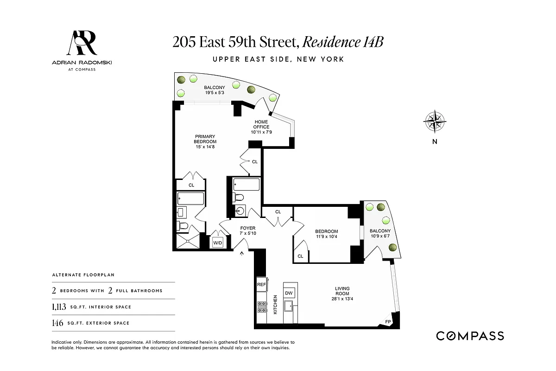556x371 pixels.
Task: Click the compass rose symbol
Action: (435, 122)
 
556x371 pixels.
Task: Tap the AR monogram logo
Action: (82, 44)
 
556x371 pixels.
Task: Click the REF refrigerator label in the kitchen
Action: (261, 284)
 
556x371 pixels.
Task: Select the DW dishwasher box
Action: (289, 293)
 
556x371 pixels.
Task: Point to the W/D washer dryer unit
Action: (217, 243)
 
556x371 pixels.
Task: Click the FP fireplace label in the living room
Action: (388, 321)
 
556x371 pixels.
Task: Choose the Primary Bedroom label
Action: (205, 139)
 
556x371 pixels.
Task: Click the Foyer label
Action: (248, 228)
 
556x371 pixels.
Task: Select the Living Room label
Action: (342, 291)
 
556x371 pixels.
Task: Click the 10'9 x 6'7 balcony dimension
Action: (380, 237)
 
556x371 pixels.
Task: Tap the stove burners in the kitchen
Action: (261, 307)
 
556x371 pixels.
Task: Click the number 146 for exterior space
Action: (58, 323)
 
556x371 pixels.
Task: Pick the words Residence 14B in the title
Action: (343, 42)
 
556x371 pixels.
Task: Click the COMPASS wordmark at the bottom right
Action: (470, 336)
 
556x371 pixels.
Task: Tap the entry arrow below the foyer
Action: (242, 253)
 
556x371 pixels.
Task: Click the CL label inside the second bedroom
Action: (300, 256)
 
